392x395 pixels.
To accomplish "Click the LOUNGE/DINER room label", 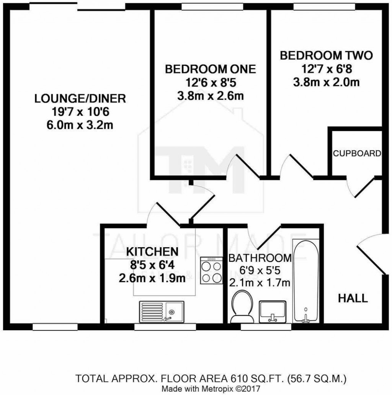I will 80,98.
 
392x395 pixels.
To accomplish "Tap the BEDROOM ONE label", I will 210,69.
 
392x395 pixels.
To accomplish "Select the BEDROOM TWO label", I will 326,55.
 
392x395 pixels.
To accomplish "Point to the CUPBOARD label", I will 357,154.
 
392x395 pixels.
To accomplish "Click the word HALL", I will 353,298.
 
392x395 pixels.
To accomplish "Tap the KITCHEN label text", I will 152,251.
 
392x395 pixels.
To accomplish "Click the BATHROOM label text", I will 260,258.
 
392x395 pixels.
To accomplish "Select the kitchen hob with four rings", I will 211,270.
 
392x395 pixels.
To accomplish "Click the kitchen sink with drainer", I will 161,310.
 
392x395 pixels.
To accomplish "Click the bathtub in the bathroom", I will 305,281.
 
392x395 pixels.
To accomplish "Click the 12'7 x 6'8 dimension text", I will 326,69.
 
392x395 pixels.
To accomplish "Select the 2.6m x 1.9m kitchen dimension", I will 152,278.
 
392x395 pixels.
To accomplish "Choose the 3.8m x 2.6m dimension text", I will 210,96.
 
